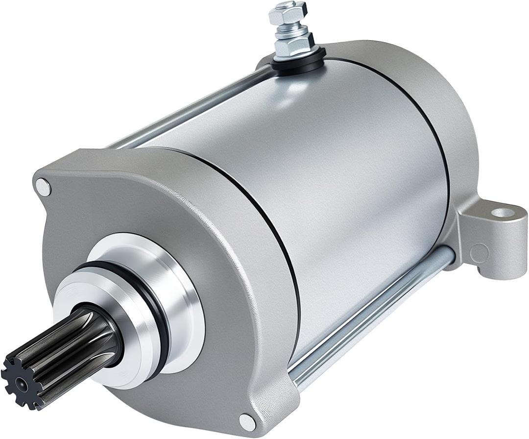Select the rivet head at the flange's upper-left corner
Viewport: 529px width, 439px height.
[x=43, y=187]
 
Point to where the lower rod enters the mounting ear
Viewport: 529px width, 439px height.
[x=448, y=255]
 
